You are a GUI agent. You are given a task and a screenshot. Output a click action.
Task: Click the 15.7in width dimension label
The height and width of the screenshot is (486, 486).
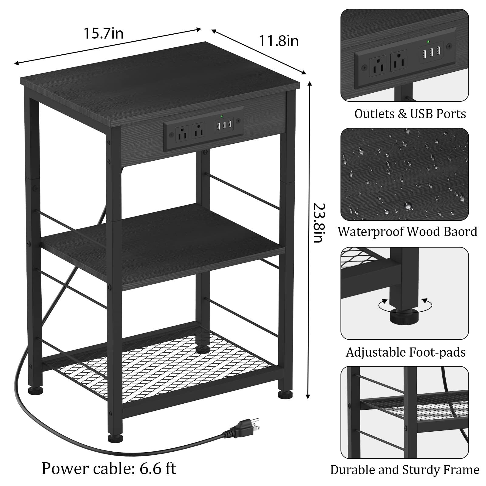tap(104, 33)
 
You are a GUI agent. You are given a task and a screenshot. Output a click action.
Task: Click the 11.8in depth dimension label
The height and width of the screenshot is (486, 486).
tap(279, 41)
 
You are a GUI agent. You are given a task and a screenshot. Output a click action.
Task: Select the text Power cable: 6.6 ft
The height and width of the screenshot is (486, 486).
tap(109, 468)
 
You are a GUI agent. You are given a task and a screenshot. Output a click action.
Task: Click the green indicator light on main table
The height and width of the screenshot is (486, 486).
tap(222, 116)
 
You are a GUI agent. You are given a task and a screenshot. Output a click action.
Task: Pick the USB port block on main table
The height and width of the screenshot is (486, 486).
tap(224, 125)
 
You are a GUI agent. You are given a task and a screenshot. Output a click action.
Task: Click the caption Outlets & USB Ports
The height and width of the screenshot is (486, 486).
tap(410, 114)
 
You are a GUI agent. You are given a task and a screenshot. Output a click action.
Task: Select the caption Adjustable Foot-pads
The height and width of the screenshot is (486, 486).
tap(406, 352)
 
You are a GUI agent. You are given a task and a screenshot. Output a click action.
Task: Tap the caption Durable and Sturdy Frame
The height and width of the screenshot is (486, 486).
tap(405, 470)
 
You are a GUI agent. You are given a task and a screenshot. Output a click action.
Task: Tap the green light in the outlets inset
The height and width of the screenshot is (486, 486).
tap(428, 42)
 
